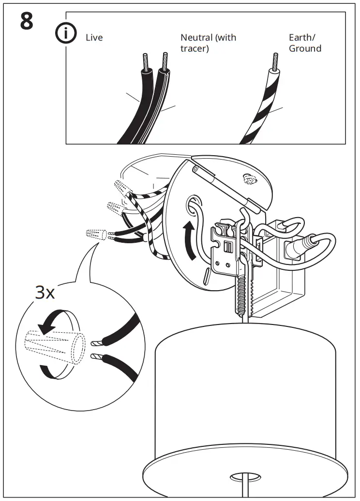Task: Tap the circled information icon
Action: click(x=65, y=34)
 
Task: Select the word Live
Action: click(x=94, y=38)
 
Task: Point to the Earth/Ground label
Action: click(x=305, y=43)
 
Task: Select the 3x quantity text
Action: click(x=45, y=293)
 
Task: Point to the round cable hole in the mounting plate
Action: click(x=192, y=203)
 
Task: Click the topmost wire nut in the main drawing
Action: click(x=122, y=186)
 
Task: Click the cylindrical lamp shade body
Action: click(x=244, y=397)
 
